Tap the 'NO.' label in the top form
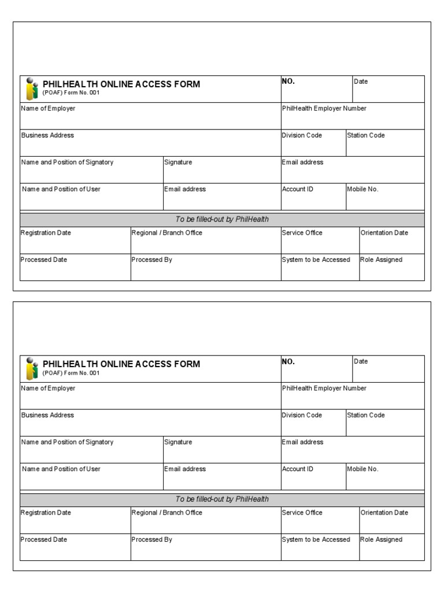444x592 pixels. [x=288, y=82]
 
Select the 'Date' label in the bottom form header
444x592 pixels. [x=361, y=361]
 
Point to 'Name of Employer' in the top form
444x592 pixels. [x=48, y=108]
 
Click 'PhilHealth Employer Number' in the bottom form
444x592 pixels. [x=324, y=388]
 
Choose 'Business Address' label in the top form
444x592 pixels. [x=47, y=135]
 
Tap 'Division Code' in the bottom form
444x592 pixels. [x=302, y=415]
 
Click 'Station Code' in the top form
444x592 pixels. [x=365, y=135]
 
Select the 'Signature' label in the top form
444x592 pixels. [x=178, y=162]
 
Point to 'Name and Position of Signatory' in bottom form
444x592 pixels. [x=67, y=442]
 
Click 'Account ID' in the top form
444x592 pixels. [x=297, y=189]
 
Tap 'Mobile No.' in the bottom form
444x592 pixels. [x=362, y=469]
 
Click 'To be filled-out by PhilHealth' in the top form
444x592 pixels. [x=222, y=219]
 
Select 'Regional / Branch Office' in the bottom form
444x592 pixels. [x=167, y=512]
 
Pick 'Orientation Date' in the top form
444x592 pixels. [x=384, y=232]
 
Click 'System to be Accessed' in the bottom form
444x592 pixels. [x=316, y=539]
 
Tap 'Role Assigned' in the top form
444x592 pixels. [x=381, y=260]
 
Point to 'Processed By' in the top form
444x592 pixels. [x=152, y=260]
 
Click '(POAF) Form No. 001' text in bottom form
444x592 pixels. [x=71, y=373]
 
